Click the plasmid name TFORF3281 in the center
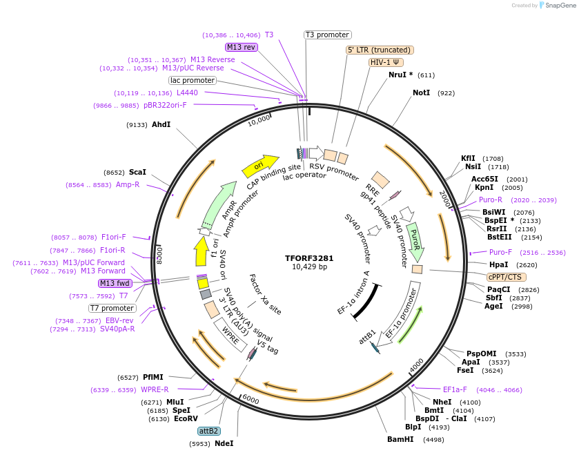click(309, 258)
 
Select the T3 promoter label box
click(328, 35)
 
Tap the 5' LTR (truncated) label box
click(380, 50)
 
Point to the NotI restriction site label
click(421, 93)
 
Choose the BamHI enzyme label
click(400, 439)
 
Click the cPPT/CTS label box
click(504, 277)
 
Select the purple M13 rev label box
click(241, 47)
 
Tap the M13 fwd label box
click(115, 283)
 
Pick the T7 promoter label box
click(112, 308)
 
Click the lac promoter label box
click(193, 80)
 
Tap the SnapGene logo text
click(560, 5)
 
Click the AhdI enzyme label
click(161, 124)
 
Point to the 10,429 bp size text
click(309, 267)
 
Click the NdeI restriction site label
click(224, 443)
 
